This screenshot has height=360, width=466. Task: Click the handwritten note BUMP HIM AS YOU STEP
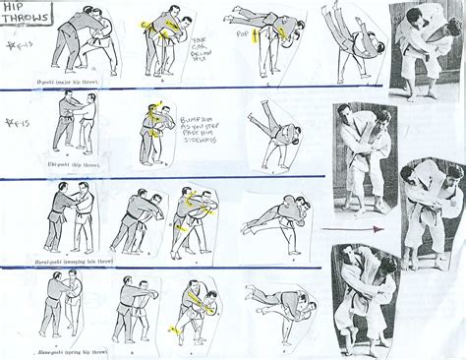tap(196, 125)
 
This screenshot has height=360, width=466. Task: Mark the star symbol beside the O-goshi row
tap(12, 45)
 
